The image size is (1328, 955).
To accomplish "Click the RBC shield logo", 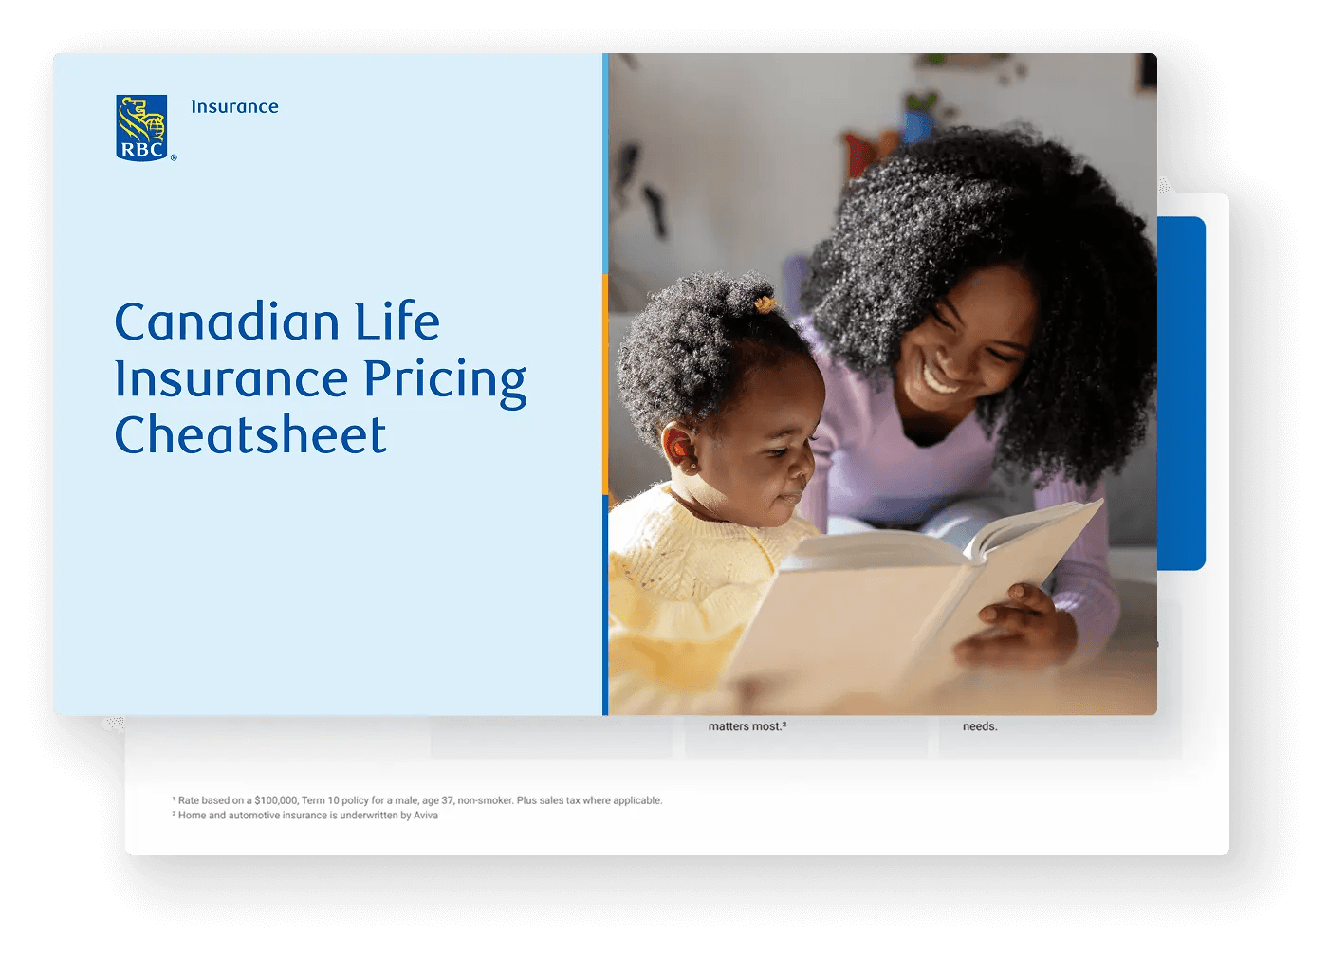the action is click(141, 127).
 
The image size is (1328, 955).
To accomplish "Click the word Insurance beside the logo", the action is click(235, 107).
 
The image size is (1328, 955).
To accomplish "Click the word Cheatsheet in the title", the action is click(250, 434).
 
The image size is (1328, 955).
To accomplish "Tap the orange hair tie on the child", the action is click(765, 304).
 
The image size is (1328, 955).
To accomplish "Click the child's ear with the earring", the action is click(678, 450).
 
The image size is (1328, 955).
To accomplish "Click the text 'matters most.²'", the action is click(747, 726).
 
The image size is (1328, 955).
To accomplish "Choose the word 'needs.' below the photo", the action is click(980, 726).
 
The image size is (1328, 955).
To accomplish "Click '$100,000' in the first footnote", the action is click(276, 800).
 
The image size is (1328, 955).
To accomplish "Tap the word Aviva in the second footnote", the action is click(426, 815).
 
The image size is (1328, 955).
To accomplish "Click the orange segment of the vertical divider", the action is click(605, 384).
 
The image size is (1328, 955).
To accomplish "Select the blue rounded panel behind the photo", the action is click(1181, 394).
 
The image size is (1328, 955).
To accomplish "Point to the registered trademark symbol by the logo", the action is click(174, 157).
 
